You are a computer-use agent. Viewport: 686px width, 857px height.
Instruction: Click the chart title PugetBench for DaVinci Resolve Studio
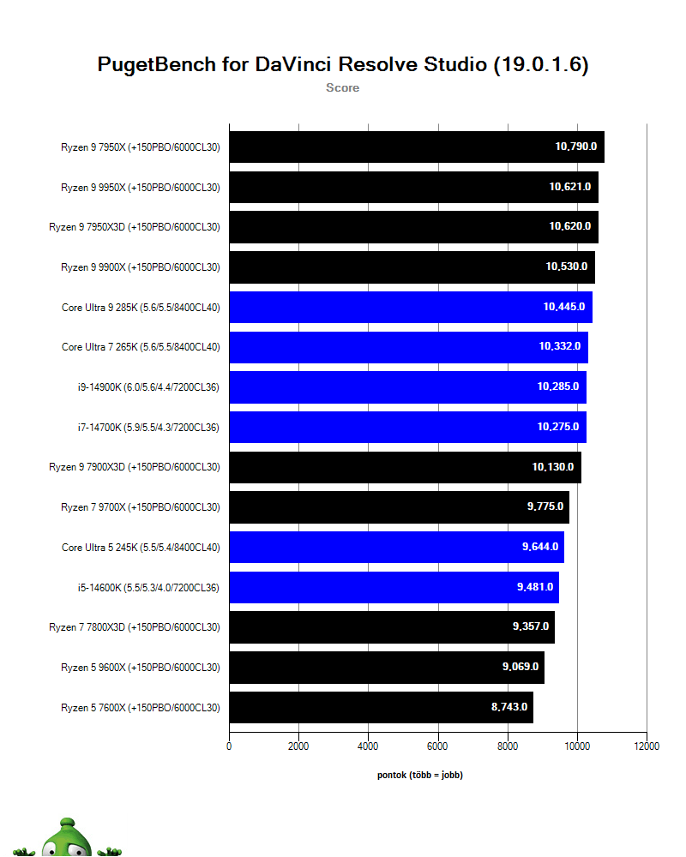pyautogui.click(x=343, y=65)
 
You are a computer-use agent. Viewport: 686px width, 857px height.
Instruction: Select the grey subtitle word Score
pyautogui.click(x=342, y=87)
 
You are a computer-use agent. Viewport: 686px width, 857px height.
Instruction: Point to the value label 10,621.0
pyautogui.click(x=570, y=187)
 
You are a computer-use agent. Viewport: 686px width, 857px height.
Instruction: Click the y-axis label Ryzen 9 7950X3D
pyautogui.click(x=135, y=227)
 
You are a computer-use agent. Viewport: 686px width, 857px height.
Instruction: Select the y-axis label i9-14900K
pyautogui.click(x=147, y=387)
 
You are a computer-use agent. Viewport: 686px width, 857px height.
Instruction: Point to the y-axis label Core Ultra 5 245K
pyautogui.click(x=141, y=547)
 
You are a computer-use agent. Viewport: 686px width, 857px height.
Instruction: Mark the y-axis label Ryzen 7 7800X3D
pyautogui.click(x=135, y=627)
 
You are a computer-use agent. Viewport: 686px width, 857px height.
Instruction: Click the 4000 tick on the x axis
pyautogui.click(x=368, y=746)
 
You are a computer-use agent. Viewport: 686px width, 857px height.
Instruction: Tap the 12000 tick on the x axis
pyautogui.click(x=647, y=746)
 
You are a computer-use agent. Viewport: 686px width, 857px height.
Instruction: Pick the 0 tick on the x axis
pyautogui.click(x=229, y=746)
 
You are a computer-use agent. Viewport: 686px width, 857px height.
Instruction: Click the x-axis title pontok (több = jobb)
pyautogui.click(x=420, y=775)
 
